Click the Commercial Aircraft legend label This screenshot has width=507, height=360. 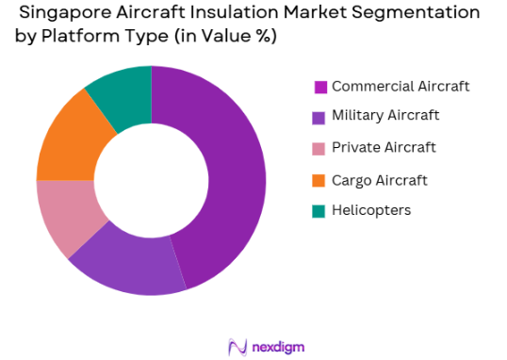pos(401,87)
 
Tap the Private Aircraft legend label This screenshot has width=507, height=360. pos(384,148)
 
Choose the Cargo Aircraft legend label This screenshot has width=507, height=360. pos(380,179)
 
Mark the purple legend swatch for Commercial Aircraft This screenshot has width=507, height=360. pos(320,88)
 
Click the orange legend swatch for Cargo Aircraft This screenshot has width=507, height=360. pos(320,180)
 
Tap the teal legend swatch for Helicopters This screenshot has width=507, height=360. pos(320,211)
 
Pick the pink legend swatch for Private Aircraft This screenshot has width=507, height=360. pos(320,149)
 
